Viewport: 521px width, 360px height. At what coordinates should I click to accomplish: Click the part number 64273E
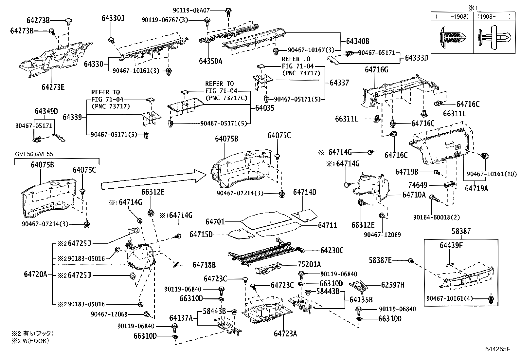point(53,87)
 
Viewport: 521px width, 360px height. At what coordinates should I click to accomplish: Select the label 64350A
point(210,61)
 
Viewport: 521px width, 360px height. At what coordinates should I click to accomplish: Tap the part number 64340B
point(358,41)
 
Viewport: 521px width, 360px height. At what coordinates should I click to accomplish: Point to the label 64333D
point(416,58)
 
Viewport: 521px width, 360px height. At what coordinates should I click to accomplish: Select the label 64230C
point(332,251)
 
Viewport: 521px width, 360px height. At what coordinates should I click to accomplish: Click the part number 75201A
point(309,264)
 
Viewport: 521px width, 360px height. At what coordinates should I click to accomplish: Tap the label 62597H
point(392,285)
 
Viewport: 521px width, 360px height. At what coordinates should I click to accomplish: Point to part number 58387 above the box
point(461,232)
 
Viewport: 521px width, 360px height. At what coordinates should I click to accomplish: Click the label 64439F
point(451,245)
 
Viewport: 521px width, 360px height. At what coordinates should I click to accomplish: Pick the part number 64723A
point(285,334)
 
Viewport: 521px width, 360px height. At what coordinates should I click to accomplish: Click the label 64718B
point(204,265)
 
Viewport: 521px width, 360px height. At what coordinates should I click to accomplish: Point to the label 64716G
point(376,70)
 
